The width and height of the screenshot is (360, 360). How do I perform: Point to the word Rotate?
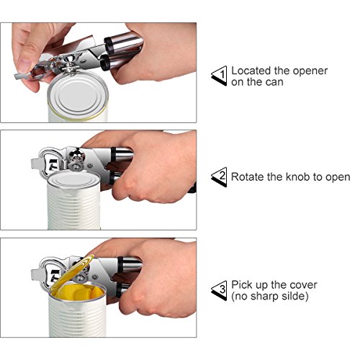(x=248, y=177)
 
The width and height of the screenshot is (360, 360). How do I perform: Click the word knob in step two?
(x=297, y=177)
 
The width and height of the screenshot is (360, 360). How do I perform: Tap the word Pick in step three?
(x=241, y=285)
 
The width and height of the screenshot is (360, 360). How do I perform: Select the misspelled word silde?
(x=294, y=296)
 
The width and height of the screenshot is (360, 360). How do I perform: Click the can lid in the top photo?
(x=78, y=95)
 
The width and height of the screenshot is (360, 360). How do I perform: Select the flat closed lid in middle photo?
(x=73, y=180)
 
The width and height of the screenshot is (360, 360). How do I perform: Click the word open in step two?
(x=338, y=178)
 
